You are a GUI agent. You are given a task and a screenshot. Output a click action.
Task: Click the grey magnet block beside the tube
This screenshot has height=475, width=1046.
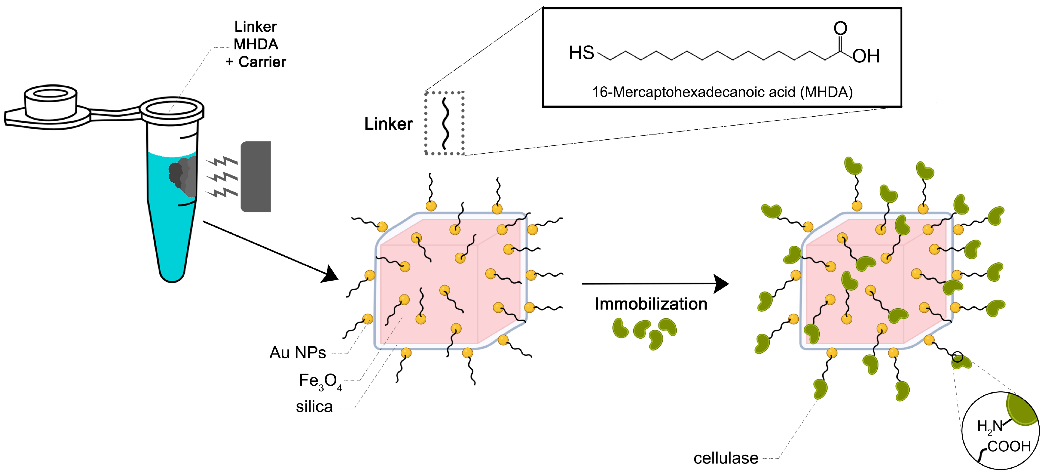point(256,177)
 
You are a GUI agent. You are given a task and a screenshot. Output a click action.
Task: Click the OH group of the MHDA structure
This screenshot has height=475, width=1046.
point(866,56)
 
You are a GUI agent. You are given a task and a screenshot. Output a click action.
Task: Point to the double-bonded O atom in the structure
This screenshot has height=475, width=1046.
point(840,28)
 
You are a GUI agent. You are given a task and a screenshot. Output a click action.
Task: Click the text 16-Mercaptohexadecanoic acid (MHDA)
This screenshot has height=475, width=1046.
point(722,92)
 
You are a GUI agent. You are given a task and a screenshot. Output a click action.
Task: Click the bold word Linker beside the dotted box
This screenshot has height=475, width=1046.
point(388,124)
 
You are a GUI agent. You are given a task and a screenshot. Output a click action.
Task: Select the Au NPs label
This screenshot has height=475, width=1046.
point(298,352)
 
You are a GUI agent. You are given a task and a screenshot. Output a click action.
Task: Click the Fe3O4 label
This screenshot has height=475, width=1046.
point(320,381)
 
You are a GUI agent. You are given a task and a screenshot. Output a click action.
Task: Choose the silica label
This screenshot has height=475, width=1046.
point(314,407)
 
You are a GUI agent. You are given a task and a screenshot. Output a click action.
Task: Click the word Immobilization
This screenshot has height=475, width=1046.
point(651,304)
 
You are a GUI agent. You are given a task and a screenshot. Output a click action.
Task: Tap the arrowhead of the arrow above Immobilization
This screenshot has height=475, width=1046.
point(721,283)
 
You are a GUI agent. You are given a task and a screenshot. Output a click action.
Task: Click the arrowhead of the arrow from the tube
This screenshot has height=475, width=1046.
point(330,275)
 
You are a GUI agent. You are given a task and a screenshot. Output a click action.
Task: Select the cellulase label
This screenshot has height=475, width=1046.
point(726,458)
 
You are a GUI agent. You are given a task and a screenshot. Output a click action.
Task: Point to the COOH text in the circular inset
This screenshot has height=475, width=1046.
point(1009,446)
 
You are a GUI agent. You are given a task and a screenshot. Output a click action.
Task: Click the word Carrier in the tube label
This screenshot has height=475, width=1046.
point(262,62)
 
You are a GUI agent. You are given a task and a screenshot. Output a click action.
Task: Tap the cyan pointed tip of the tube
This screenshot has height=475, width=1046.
point(172,272)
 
